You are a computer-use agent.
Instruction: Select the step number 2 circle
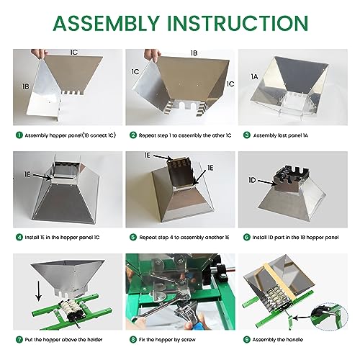point(132,134)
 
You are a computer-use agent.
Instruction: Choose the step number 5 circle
point(132,236)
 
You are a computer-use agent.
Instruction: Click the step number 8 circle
point(132,338)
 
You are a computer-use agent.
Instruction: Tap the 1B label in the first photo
point(27,86)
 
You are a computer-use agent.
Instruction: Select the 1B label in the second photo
point(193,53)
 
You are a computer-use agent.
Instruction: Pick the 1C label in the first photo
point(74,53)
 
